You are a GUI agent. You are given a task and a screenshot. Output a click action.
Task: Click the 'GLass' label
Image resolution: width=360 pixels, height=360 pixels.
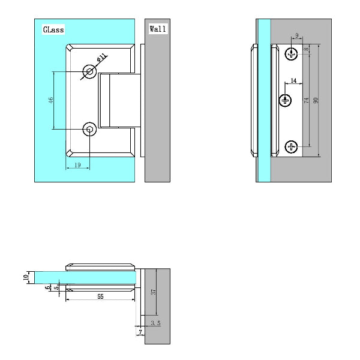tap(53, 29)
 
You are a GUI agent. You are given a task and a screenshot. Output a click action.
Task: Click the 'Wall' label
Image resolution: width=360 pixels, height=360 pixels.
tap(158, 28)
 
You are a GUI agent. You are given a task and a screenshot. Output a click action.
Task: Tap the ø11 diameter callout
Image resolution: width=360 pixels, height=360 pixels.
tap(102, 59)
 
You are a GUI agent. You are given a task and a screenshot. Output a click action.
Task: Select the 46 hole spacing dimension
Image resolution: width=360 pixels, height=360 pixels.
tap(51, 100)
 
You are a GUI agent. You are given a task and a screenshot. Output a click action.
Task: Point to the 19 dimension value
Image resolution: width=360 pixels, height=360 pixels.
tap(78, 164)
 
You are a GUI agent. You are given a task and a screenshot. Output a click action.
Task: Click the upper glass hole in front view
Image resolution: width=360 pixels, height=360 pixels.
tap(90, 72)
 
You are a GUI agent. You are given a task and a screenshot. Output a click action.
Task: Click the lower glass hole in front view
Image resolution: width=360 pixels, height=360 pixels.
tap(90, 128)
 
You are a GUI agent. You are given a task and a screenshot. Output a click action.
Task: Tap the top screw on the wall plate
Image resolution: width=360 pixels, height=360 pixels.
tap(292, 55)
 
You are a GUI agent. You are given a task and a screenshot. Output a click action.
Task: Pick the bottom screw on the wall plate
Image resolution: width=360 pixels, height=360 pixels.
tap(292, 146)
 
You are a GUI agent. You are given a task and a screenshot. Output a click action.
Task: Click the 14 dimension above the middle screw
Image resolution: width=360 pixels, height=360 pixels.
tap(293, 80)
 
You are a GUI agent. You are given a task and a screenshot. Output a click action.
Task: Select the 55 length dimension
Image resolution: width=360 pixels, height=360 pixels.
tap(100, 296)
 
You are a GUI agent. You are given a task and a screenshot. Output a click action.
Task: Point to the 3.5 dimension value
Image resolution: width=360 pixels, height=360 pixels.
tap(155, 323)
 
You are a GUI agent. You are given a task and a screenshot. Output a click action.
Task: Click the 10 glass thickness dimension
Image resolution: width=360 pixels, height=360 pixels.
tap(25, 277)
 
